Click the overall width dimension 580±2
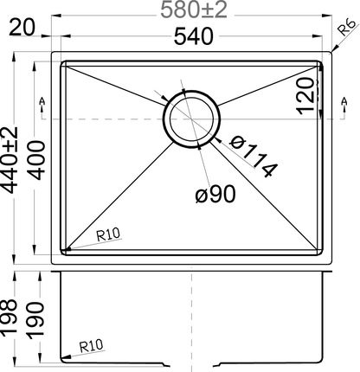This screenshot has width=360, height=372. [193, 12]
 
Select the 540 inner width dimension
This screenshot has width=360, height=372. [192, 37]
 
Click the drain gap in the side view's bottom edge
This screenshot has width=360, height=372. [191, 362]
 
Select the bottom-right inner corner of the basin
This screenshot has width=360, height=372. [317, 250]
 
